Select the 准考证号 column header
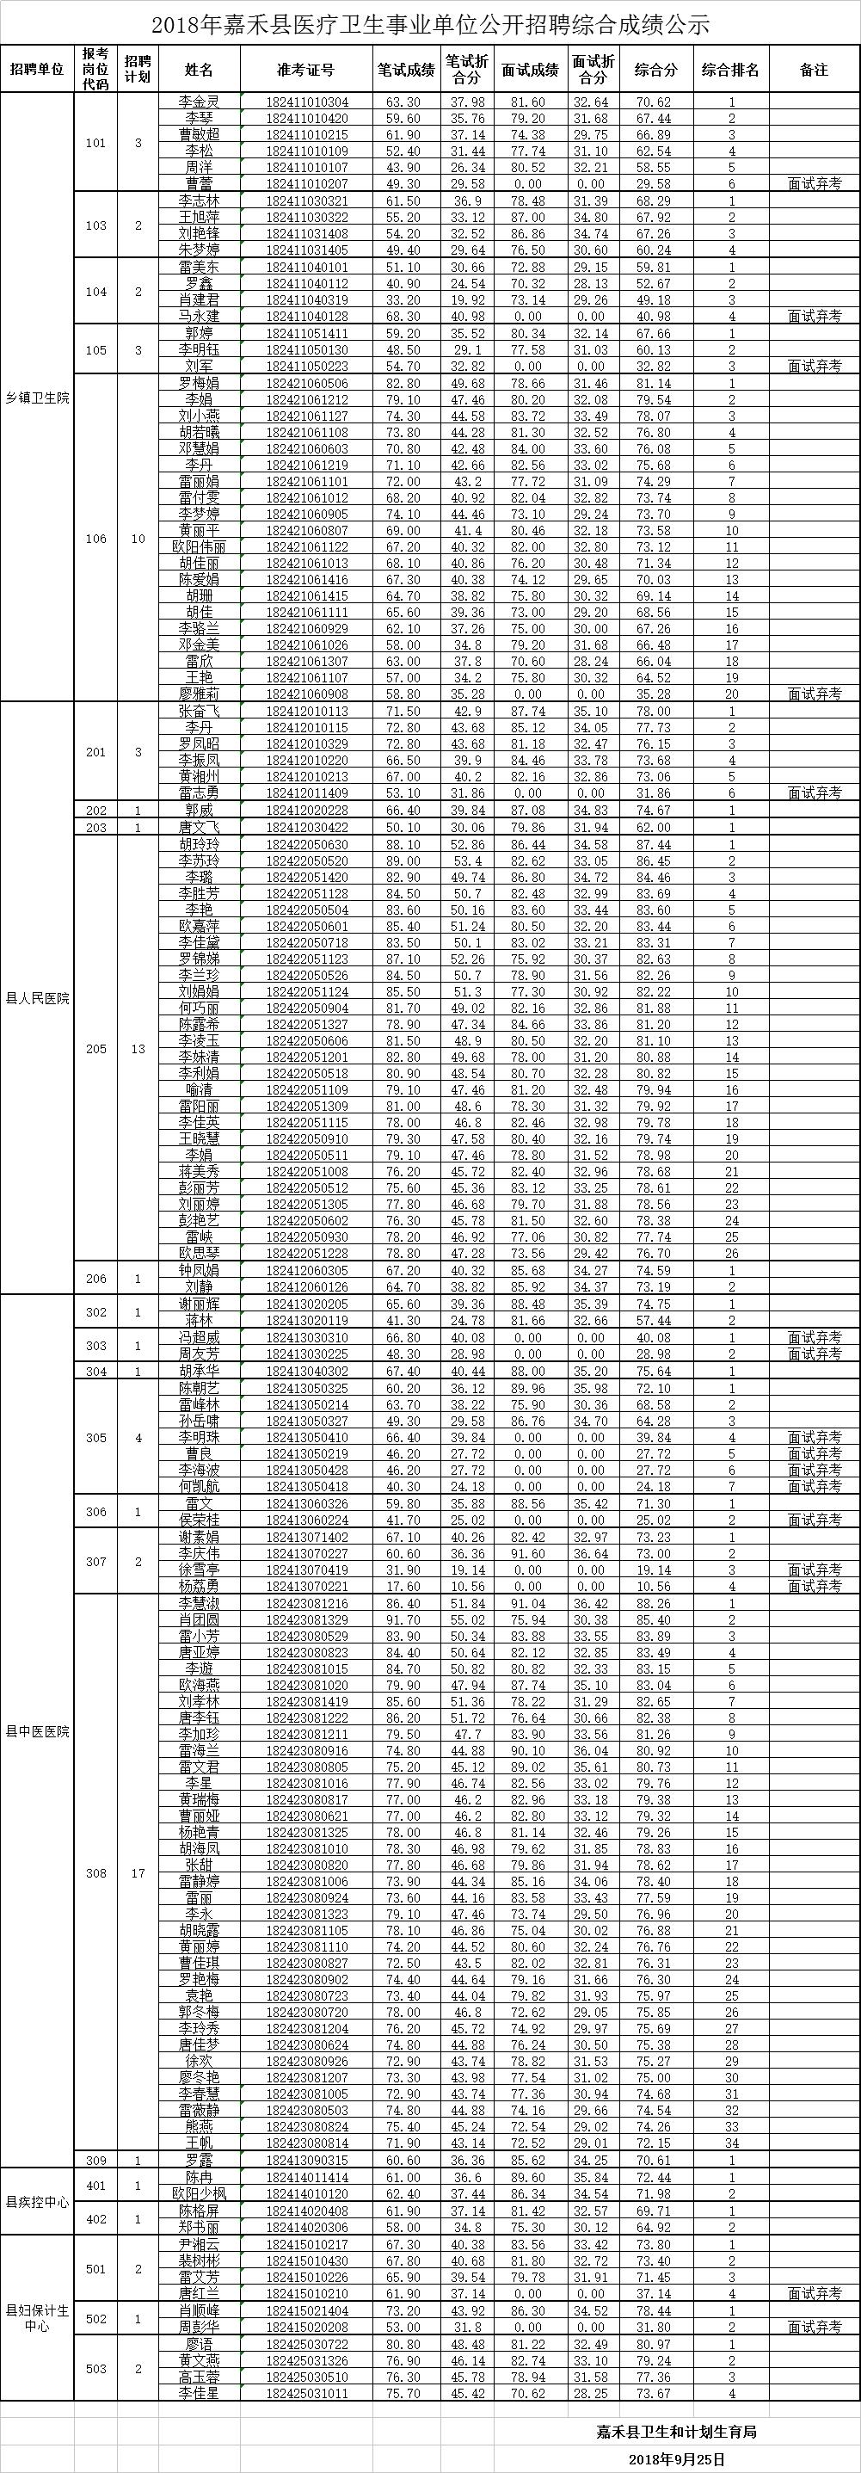click(x=305, y=70)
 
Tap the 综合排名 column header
click(x=730, y=70)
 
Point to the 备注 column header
click(x=813, y=70)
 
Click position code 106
click(x=96, y=539)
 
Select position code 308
click(x=96, y=1872)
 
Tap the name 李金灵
click(x=200, y=102)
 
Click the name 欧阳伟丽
click(x=200, y=546)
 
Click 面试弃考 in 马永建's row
click(x=814, y=316)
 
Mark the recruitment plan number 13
click(x=138, y=1048)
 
